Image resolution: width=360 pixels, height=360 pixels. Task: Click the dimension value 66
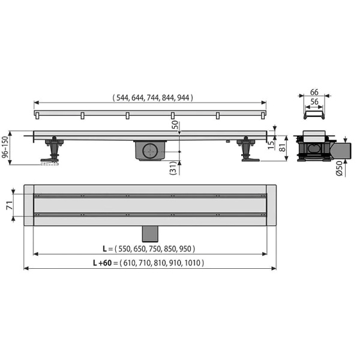click(x=314, y=92)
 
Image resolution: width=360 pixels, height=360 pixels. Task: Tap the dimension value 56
click(x=314, y=102)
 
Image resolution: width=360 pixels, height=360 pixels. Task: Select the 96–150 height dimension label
click(x=5, y=147)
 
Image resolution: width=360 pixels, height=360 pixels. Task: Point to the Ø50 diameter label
click(x=339, y=169)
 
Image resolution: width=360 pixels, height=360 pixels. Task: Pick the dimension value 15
click(x=271, y=145)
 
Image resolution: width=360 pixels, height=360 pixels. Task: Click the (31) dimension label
click(x=173, y=168)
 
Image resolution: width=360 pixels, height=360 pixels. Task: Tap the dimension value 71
click(x=9, y=205)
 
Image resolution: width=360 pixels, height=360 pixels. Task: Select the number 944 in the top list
click(x=183, y=98)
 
